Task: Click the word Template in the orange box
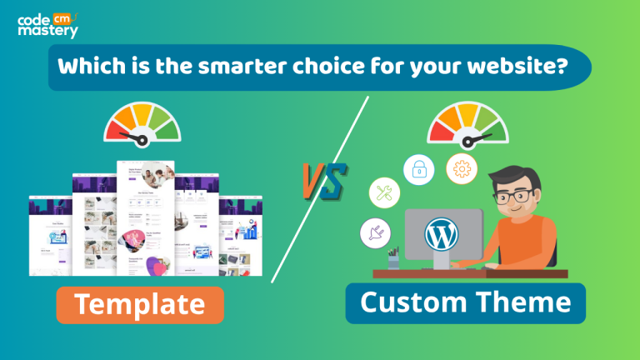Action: [x=139, y=304]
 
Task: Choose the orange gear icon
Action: [x=461, y=168]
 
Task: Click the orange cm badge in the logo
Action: [x=62, y=15]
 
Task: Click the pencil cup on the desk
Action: [x=393, y=260]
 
